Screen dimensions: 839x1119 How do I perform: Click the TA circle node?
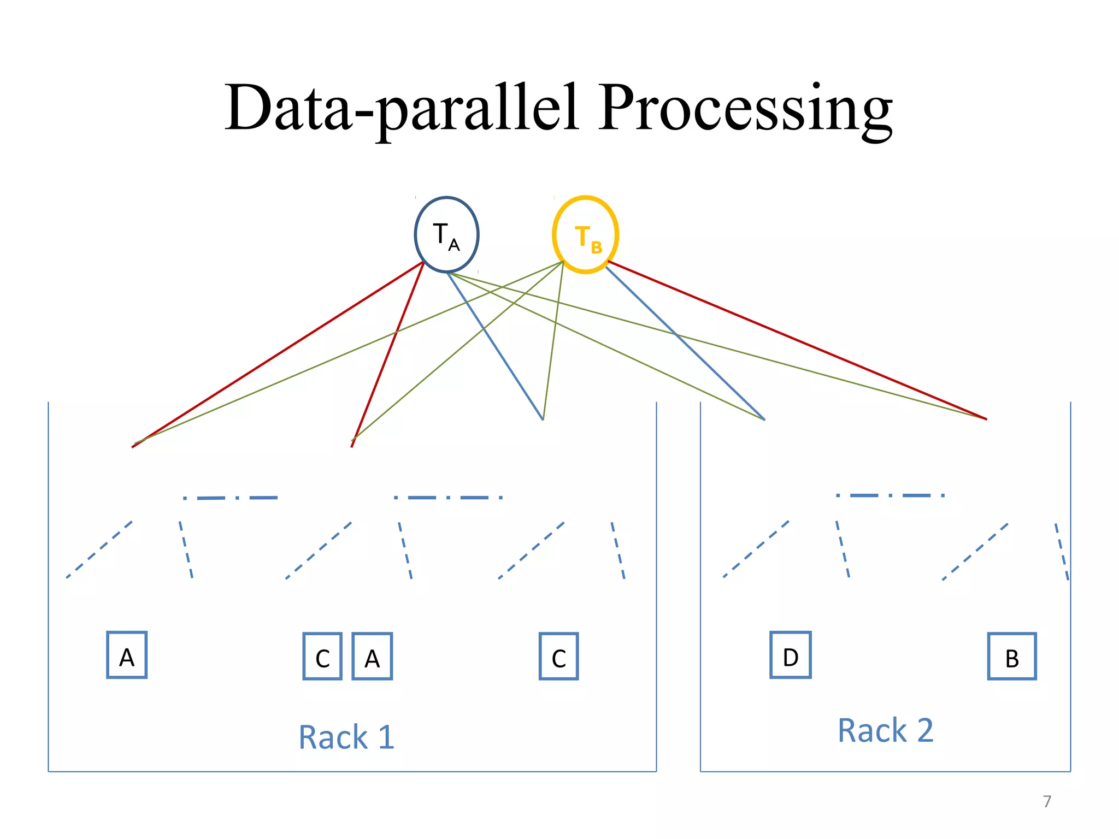tap(446, 234)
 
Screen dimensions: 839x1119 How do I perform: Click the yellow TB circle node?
tap(585, 235)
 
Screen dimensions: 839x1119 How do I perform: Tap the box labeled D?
tap(790, 655)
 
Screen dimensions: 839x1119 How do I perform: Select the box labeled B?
tap(1012, 656)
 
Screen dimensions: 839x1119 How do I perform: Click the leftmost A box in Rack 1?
tap(127, 655)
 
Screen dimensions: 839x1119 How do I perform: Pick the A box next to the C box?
tap(372, 656)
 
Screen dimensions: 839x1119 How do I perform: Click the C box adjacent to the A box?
tap(322, 656)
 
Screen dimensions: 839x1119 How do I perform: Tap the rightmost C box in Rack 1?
tap(558, 656)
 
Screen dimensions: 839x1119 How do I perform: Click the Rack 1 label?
tap(346, 737)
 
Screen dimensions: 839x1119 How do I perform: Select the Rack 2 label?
tap(885, 730)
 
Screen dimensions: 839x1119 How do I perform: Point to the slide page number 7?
tap(1047, 801)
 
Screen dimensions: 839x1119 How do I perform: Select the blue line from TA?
tap(494, 345)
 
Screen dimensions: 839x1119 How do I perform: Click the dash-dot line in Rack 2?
tap(891, 495)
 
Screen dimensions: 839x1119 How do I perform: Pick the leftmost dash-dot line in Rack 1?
tap(231, 498)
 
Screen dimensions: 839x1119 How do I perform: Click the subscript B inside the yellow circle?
tap(597, 247)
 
